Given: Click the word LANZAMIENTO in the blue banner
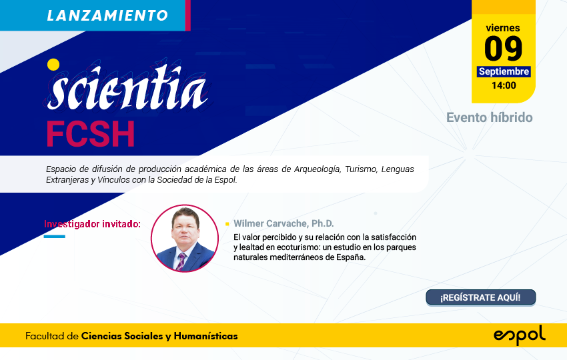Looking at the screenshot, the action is point(107,15).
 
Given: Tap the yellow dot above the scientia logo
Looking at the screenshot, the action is point(53,65).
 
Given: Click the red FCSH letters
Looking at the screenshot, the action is point(91,134).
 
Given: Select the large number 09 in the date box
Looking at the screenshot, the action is point(504,49).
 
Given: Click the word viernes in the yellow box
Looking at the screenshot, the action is point(503,28).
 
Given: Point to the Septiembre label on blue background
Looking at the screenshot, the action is point(504,71).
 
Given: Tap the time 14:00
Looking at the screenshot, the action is point(504,85).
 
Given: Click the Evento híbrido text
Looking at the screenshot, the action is point(489,117).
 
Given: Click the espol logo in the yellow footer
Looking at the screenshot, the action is point(520,335).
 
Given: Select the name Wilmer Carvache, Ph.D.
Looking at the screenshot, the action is point(283,223).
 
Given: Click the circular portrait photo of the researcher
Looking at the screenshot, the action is point(185,238).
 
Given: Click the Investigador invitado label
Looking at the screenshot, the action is point(92,224).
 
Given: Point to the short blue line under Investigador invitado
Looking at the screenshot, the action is point(54,237).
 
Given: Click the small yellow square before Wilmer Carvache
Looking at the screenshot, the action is point(227,224).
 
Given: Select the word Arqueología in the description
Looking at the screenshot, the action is point(318,169).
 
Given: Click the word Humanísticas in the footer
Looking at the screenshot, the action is point(205,336).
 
